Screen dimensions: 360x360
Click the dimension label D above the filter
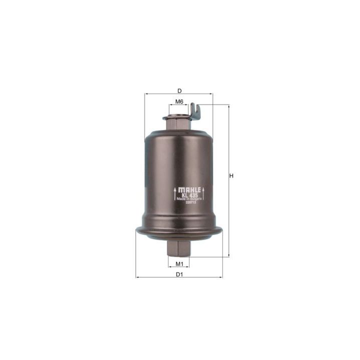point(178,90)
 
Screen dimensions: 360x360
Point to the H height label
point(231,175)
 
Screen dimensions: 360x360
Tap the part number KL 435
point(189,195)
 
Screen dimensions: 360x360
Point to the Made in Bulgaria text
point(189,199)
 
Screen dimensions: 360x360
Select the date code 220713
point(189,202)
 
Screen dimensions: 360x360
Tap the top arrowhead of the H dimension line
point(228,106)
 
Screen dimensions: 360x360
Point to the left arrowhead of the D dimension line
point(146,94)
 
